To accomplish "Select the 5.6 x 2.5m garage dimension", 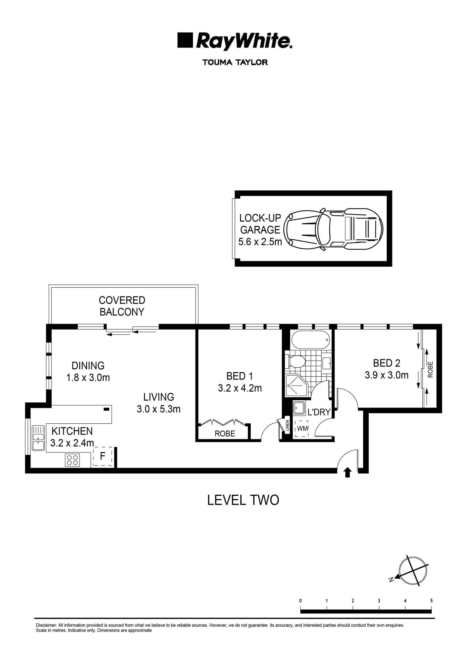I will (x=260, y=242).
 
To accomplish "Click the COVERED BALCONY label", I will (x=122, y=306).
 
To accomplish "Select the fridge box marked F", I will (x=103, y=456).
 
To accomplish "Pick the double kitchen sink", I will (x=38, y=438).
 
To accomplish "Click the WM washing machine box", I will (x=302, y=429).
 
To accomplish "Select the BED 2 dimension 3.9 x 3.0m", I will (x=386, y=375).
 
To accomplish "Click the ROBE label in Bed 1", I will (x=225, y=434).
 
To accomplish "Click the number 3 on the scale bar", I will (x=379, y=601).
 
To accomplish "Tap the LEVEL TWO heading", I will (x=243, y=500).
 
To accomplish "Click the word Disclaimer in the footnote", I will (x=46, y=625).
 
